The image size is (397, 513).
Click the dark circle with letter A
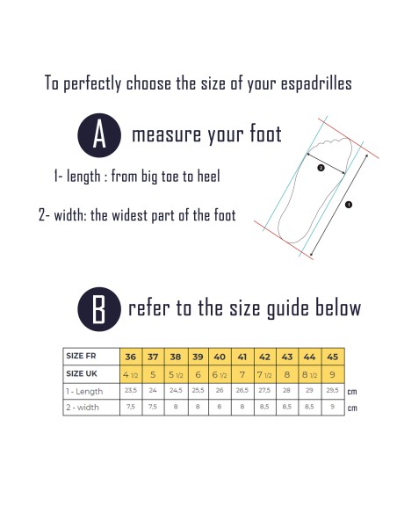point(99,135)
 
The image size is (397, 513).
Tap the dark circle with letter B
point(99,309)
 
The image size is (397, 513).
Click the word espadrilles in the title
point(316,83)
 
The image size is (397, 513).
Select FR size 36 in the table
point(131,357)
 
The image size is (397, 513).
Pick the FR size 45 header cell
point(333,357)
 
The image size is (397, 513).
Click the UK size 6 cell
point(198,374)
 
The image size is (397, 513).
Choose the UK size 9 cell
point(333,374)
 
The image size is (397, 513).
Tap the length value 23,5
point(131,390)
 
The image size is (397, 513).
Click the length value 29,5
point(332,390)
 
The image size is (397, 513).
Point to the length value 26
point(220,390)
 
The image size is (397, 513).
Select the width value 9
point(332,407)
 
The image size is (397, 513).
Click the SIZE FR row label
point(81,356)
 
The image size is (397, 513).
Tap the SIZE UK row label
point(82,373)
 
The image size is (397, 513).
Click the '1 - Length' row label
point(84,391)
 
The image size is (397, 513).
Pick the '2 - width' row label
point(83,408)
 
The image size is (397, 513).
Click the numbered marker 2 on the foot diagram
point(321,168)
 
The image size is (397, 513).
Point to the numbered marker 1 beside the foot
point(349,205)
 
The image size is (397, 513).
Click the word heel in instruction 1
point(209,177)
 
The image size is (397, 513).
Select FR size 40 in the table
point(220,357)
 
